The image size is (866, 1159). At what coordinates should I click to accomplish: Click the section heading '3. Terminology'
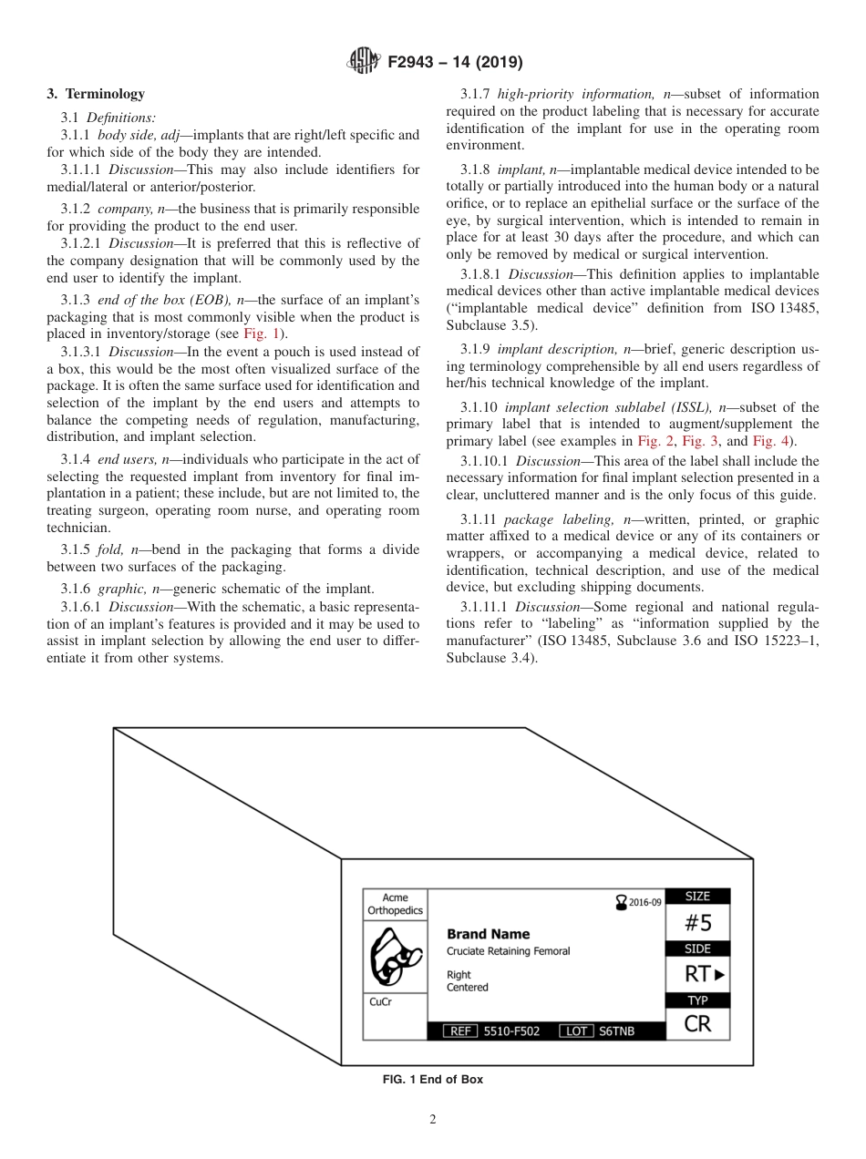click(96, 94)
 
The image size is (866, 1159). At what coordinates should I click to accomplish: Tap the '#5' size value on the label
click(697, 923)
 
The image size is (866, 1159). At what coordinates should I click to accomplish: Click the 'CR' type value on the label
click(697, 1024)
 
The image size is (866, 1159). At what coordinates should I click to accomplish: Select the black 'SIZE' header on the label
click(697, 897)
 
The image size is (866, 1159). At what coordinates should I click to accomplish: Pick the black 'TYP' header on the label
click(697, 1000)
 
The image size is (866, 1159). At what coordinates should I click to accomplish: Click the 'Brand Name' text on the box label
click(488, 934)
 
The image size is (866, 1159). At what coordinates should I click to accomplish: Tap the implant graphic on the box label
click(395, 957)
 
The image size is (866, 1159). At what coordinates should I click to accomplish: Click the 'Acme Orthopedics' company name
click(395, 904)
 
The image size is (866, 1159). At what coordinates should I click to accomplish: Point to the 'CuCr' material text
click(381, 1000)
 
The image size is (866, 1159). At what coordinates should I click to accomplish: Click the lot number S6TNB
click(616, 1031)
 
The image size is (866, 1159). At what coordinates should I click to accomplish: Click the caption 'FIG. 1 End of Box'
click(433, 1080)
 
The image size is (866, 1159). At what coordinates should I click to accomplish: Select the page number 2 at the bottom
click(433, 1120)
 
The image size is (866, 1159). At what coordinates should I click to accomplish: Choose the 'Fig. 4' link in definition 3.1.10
click(772, 441)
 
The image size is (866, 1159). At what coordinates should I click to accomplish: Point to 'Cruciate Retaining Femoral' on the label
click(508, 951)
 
